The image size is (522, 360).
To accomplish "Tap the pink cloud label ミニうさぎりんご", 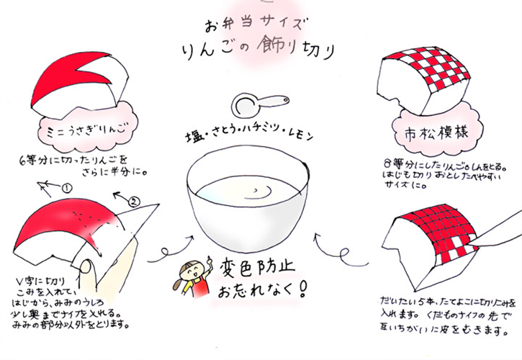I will point(84,132).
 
